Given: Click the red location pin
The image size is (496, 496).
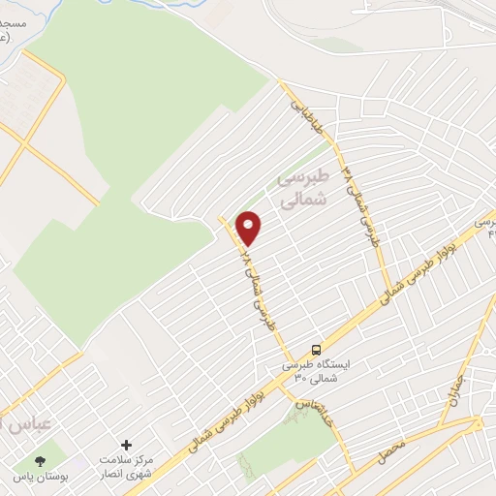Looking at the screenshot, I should (x=249, y=227).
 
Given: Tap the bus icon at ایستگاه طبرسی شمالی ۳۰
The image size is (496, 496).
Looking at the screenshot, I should (x=316, y=350).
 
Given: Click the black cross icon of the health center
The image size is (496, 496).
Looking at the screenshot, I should (x=126, y=443).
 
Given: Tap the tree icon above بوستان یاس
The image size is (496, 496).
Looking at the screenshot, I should (x=40, y=462).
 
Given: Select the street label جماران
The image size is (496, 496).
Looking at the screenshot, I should (x=453, y=392).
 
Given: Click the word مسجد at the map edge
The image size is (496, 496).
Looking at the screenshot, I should (x=15, y=21).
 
